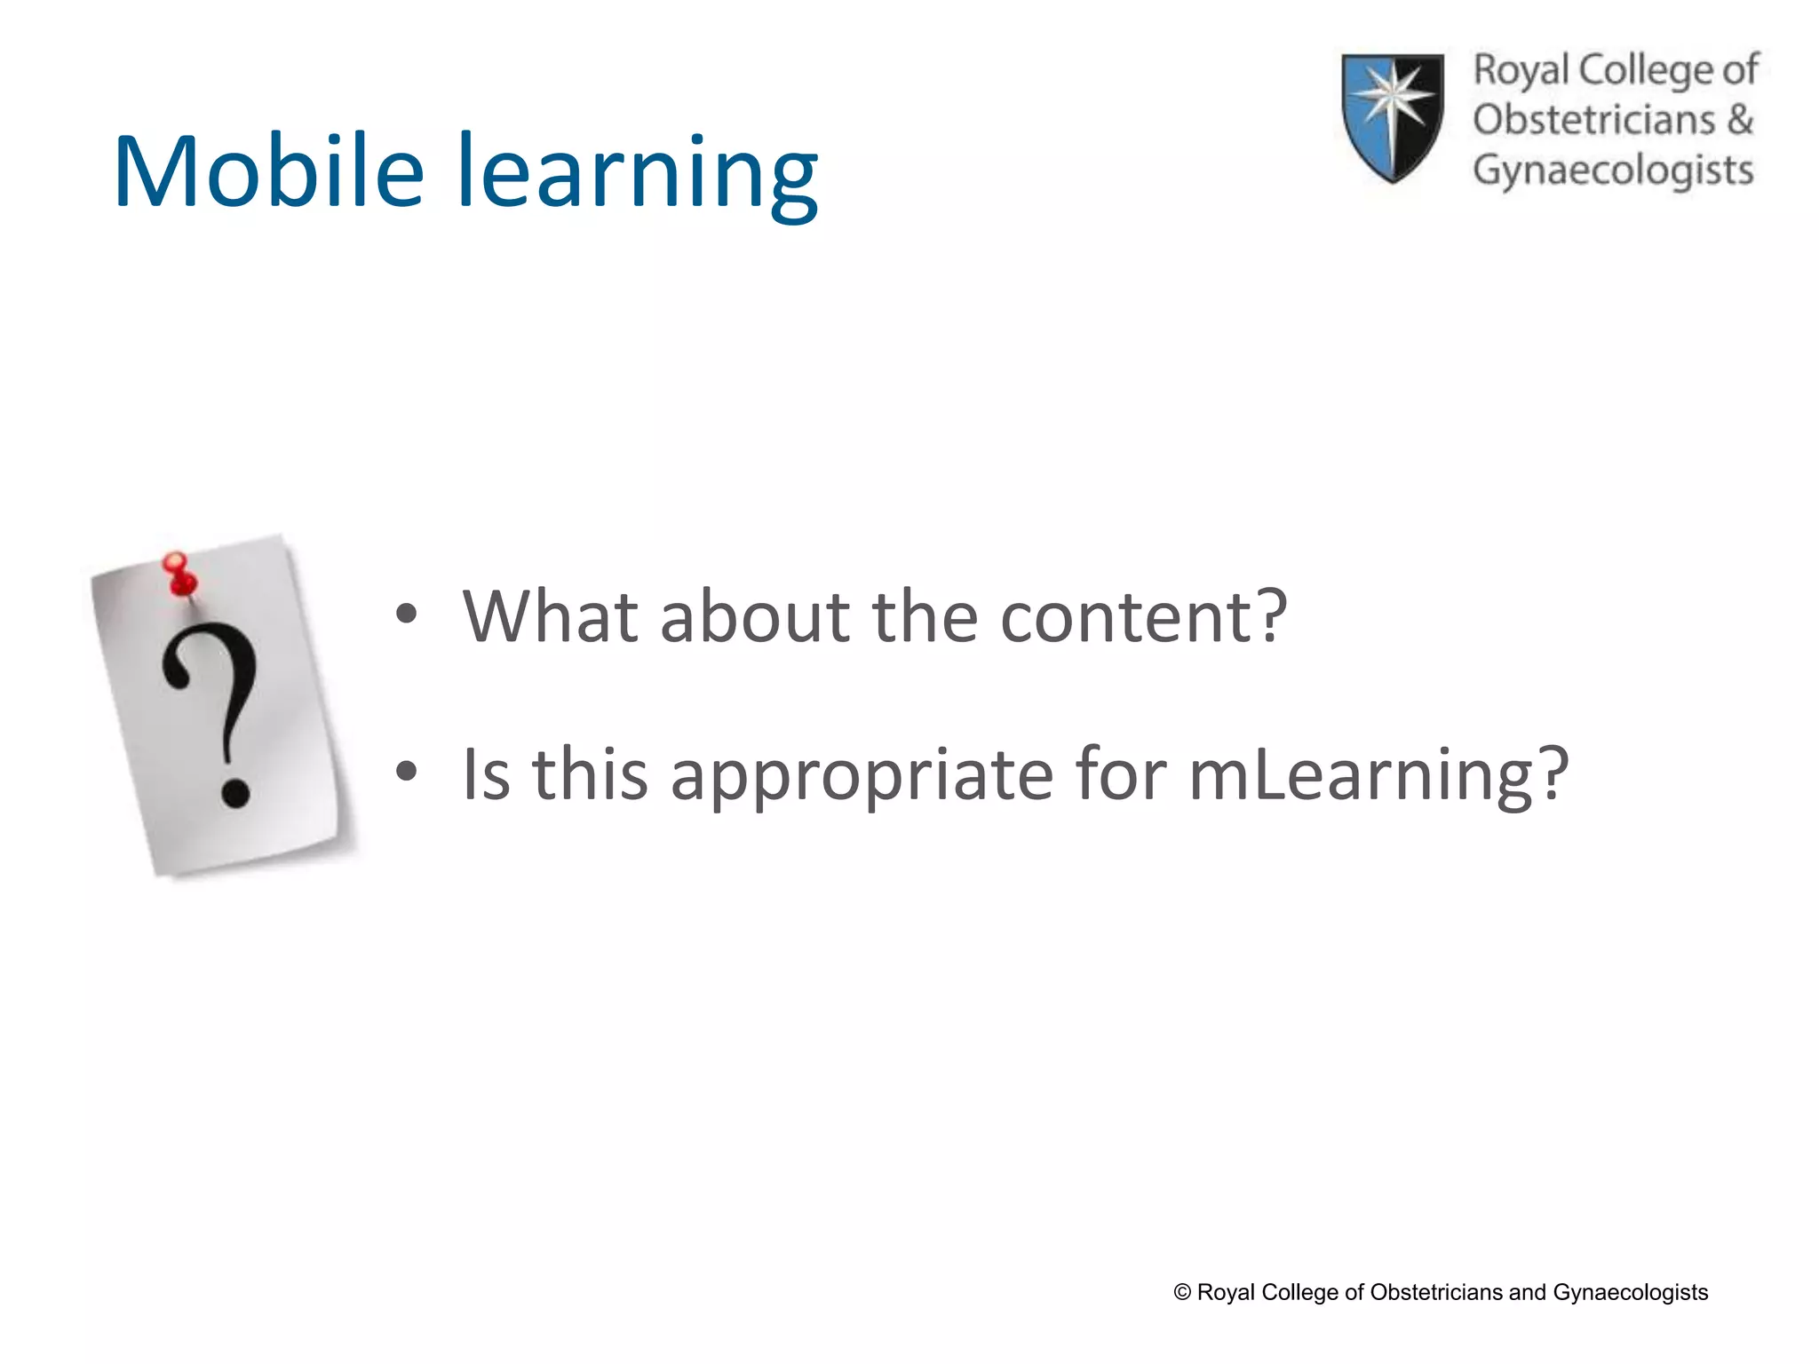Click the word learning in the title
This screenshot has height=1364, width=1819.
pyautogui.click(x=638, y=174)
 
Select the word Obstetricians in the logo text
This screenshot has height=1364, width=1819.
pyautogui.click(x=1593, y=119)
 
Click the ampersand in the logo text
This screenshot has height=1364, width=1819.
pyautogui.click(x=1740, y=119)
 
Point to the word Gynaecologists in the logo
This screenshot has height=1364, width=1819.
pyautogui.click(x=1613, y=170)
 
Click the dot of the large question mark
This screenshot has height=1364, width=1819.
pyautogui.click(x=235, y=790)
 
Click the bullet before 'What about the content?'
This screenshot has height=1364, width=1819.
pyautogui.click(x=406, y=614)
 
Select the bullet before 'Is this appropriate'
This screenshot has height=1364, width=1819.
pyautogui.click(x=406, y=772)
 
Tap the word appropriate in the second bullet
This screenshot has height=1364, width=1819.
pyautogui.click(x=862, y=774)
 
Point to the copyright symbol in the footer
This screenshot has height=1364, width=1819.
pyautogui.click(x=1182, y=1292)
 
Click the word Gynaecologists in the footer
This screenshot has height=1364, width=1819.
pyautogui.click(x=1630, y=1292)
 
